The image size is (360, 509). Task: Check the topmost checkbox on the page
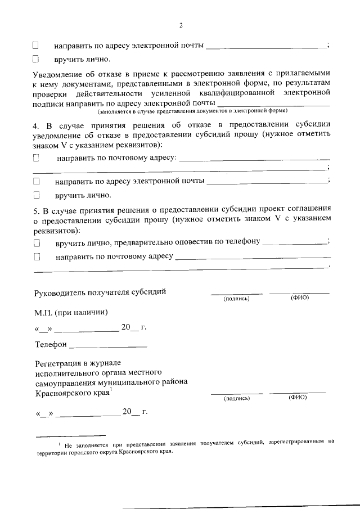(36, 44)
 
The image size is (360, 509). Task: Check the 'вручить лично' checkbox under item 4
(37, 196)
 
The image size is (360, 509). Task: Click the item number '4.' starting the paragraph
(35, 125)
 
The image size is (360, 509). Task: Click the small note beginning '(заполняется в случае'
(191, 111)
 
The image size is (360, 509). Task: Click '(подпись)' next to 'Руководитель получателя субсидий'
(236, 298)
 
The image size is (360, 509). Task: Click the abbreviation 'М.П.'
(43, 312)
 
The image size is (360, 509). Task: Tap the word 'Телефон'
(51, 344)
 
